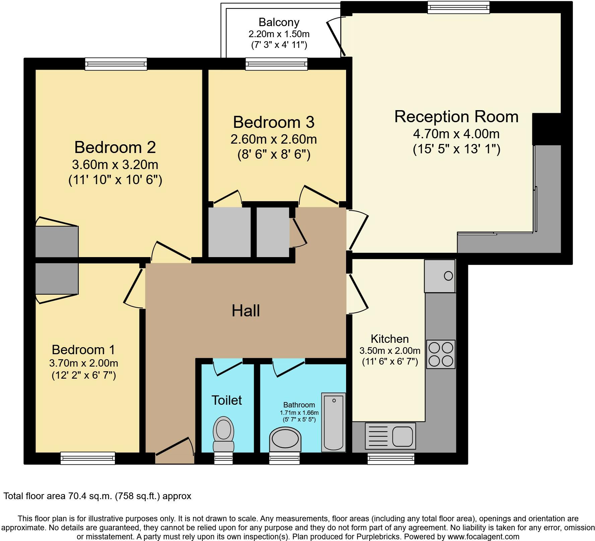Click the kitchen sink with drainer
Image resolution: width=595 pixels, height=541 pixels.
click(x=390, y=435)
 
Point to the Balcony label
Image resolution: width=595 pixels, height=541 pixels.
click(x=279, y=22)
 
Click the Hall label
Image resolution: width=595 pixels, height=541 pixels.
click(x=246, y=311)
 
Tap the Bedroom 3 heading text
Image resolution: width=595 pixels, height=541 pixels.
click(x=273, y=122)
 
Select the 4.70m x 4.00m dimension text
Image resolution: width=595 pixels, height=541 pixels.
click(x=456, y=134)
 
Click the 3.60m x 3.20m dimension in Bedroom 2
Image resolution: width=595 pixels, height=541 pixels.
click(x=115, y=165)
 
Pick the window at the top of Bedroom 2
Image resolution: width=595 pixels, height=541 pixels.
click(x=116, y=64)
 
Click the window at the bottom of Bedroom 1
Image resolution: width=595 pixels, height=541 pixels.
click(x=88, y=458)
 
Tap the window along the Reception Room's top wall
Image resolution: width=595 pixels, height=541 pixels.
click(x=458, y=7)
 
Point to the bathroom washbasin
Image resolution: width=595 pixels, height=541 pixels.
click(x=285, y=439)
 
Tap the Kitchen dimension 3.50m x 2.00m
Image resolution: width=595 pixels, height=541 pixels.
click(x=390, y=351)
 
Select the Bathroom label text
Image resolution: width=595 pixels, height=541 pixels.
click(x=299, y=405)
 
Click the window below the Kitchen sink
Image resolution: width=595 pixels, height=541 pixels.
click(x=391, y=458)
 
